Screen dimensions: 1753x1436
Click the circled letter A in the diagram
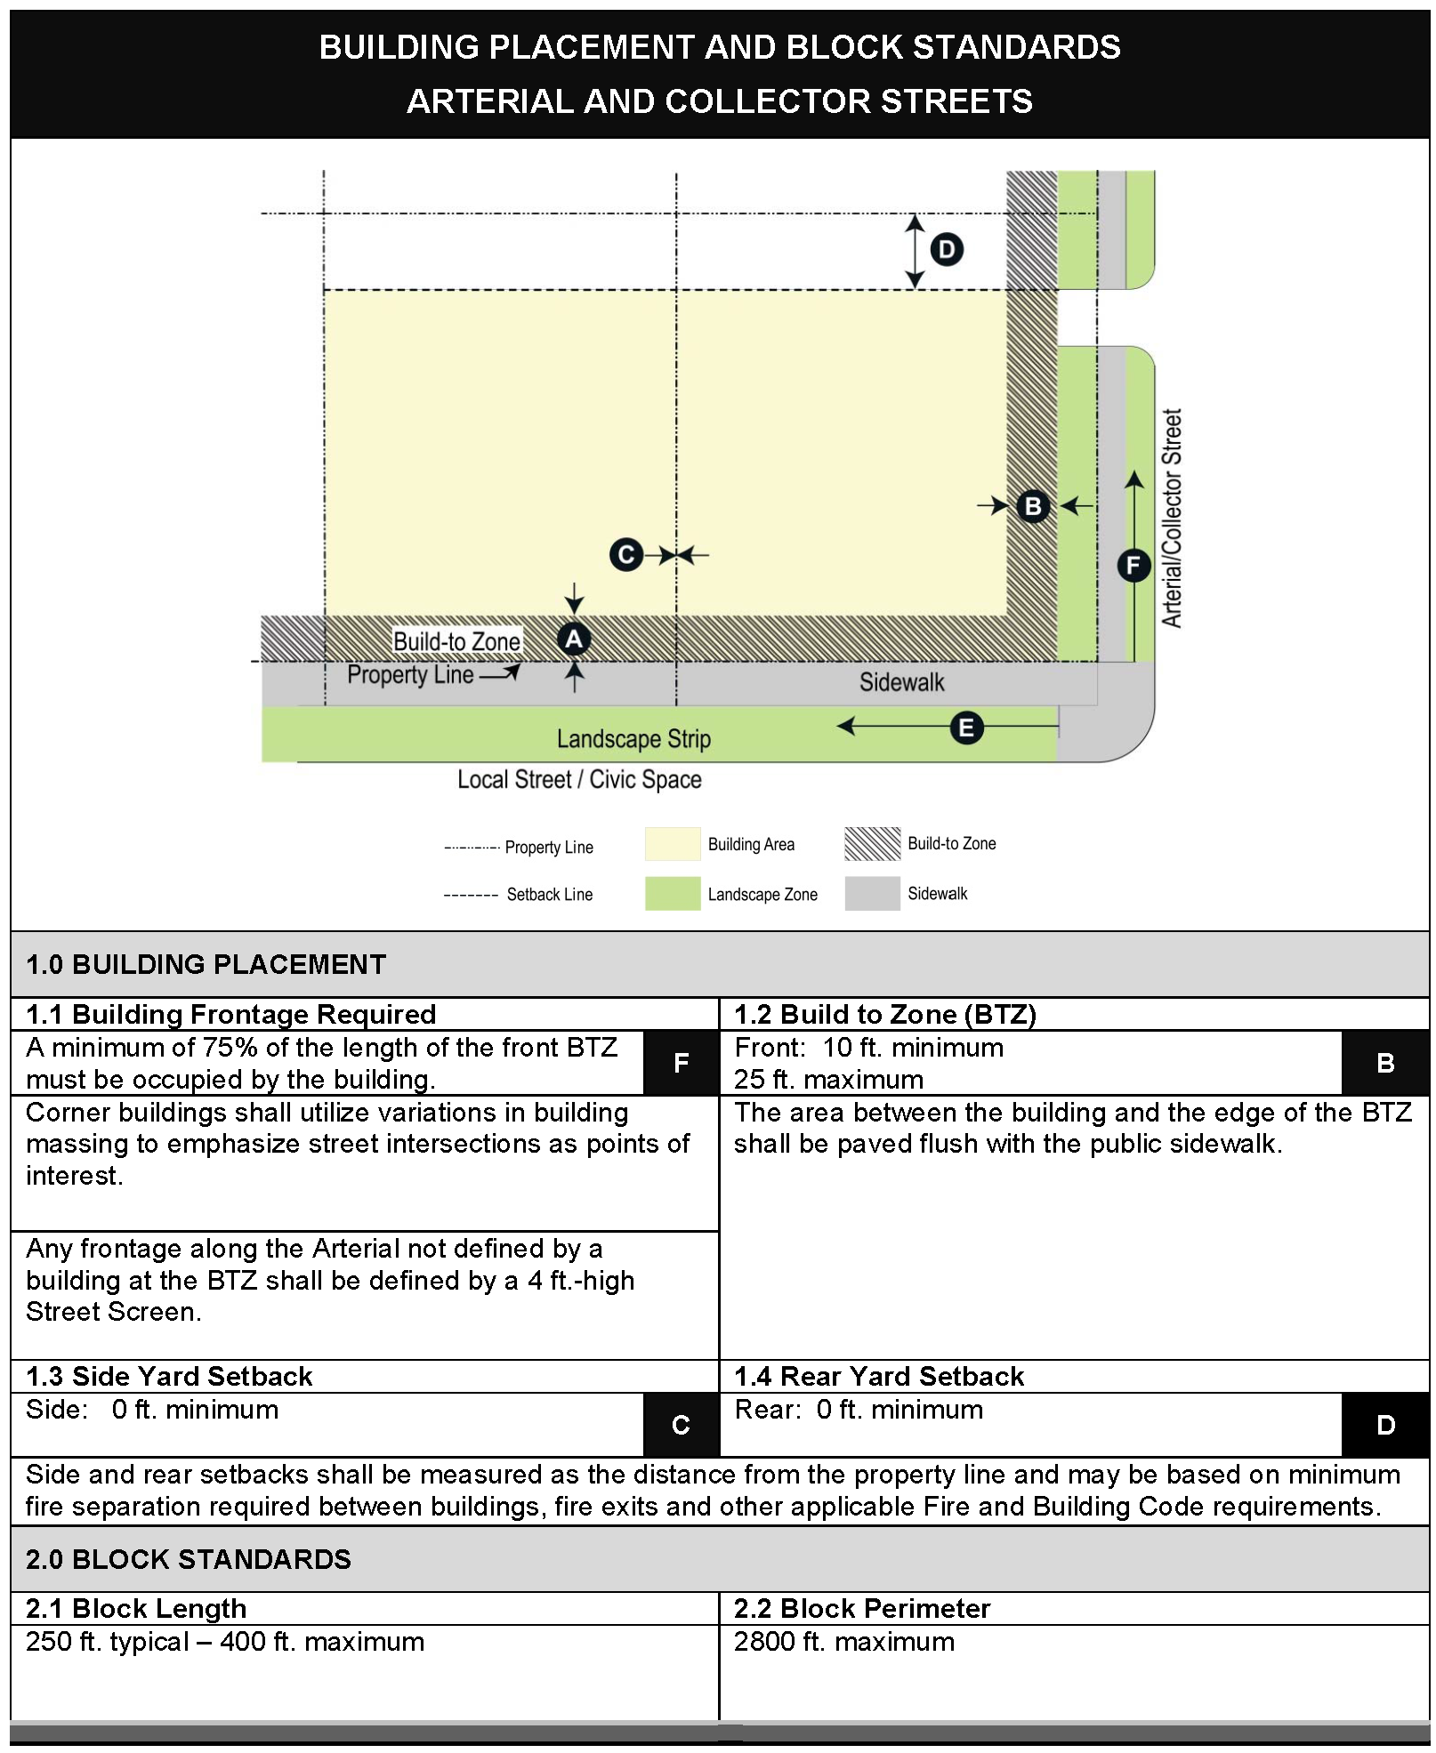click(574, 639)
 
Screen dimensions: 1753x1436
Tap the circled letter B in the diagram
click(1033, 506)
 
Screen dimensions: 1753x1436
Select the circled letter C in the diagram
click(626, 555)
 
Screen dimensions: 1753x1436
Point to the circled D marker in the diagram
click(947, 249)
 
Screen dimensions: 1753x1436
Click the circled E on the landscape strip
click(966, 728)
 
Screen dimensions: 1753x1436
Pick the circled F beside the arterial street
click(1133, 565)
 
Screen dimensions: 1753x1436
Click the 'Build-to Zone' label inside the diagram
click(456, 641)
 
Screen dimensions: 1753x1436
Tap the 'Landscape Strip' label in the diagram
click(633, 738)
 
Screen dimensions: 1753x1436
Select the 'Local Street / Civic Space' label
click(579, 779)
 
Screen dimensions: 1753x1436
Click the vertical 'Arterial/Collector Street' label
click(1172, 519)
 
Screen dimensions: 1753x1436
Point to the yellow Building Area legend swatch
click(673, 844)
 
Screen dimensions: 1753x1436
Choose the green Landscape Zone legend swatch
click(673, 894)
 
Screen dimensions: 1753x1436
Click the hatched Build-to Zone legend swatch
click(872, 844)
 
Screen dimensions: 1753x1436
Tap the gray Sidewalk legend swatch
click(872, 894)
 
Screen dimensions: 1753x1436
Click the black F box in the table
click(681, 1063)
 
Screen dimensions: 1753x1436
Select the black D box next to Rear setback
click(1385, 1425)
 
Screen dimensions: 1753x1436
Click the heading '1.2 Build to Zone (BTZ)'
click(884, 1014)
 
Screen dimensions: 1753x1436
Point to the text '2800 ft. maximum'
click(843, 1641)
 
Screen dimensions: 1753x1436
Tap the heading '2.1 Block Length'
click(136, 1608)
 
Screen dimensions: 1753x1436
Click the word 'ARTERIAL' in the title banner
click(489, 101)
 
